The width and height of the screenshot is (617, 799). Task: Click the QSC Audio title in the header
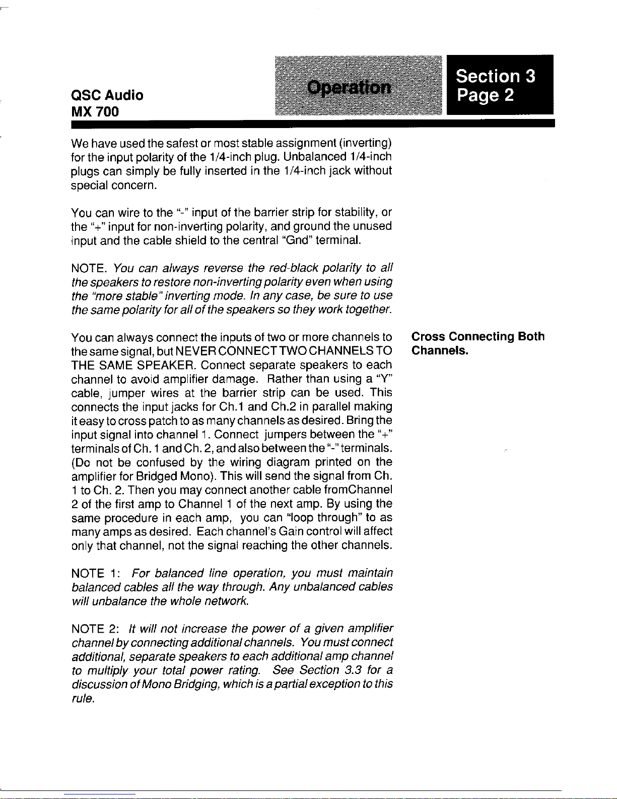107,95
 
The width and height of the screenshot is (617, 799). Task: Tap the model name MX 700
95,112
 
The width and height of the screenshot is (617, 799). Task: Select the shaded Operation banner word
349,88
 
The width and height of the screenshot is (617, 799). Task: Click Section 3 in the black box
495,76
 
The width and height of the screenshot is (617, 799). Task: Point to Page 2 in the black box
485,95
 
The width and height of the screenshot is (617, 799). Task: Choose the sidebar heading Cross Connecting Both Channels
477,343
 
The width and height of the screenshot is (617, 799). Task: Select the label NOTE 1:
95,574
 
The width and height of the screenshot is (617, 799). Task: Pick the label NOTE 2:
95,629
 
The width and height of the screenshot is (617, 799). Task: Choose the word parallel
332,406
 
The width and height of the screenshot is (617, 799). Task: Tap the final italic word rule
83,699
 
